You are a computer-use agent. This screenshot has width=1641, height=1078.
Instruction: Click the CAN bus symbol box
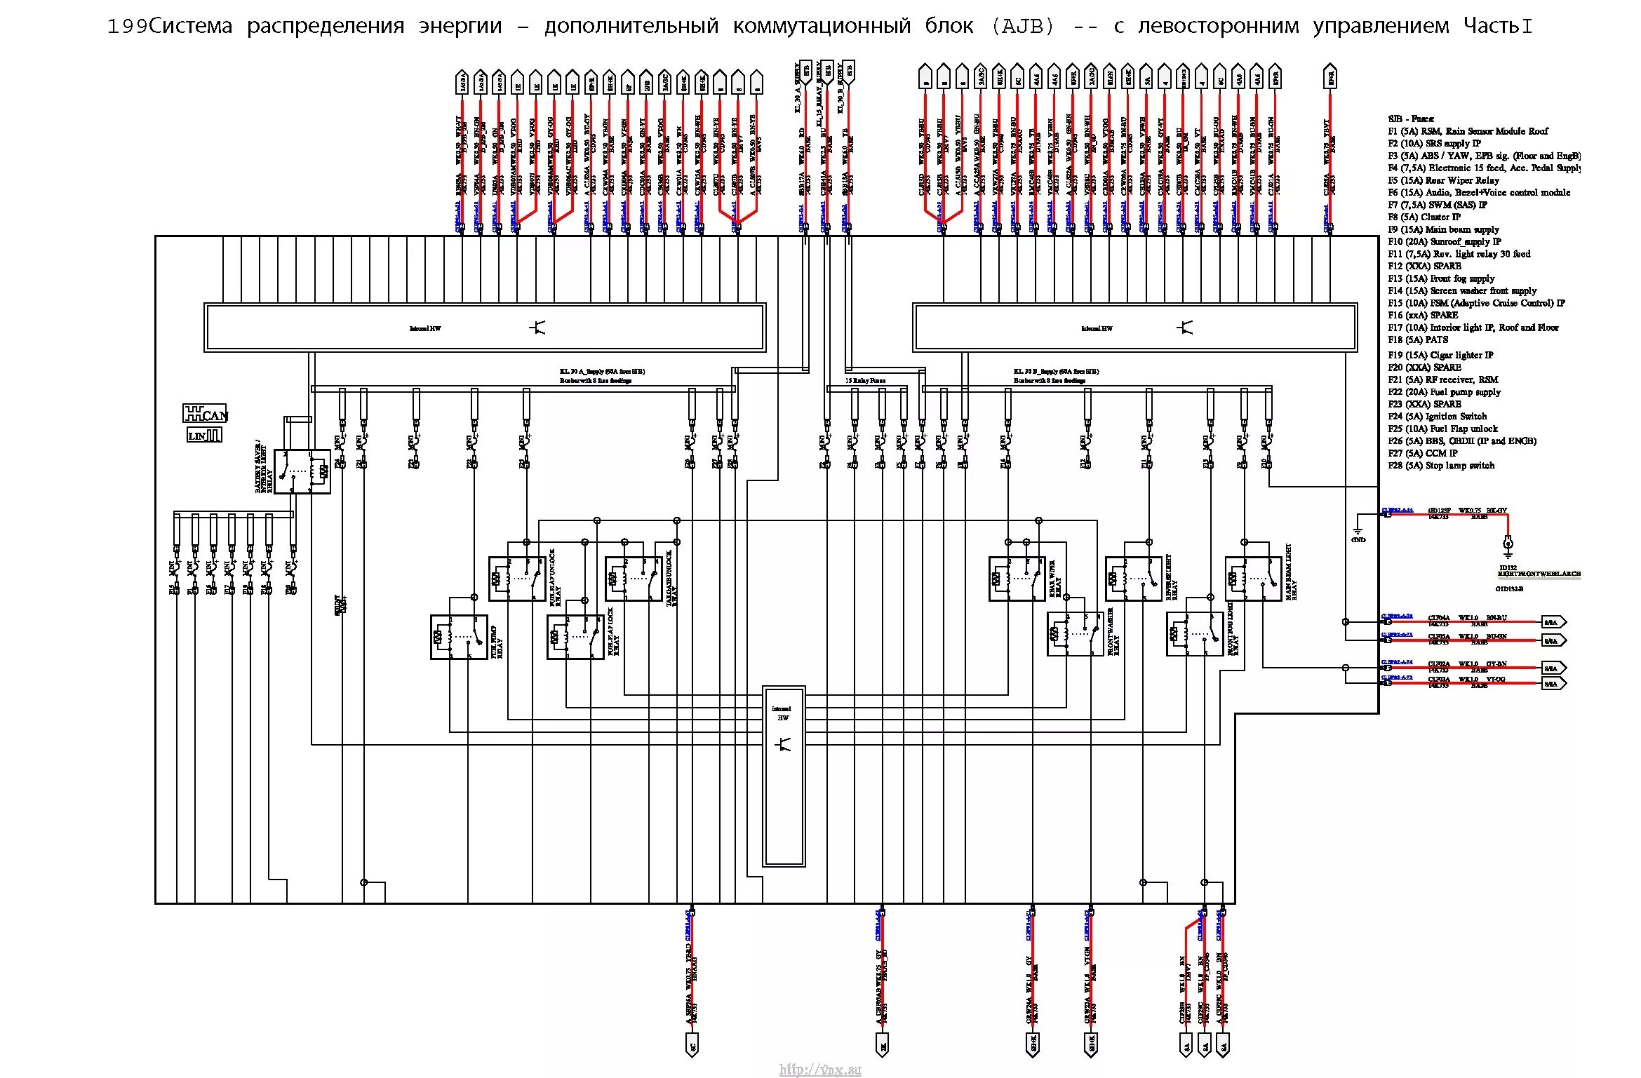click(x=206, y=413)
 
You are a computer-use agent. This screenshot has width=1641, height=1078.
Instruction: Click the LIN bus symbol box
click(x=204, y=436)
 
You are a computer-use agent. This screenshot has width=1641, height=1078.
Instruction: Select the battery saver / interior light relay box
click(x=302, y=471)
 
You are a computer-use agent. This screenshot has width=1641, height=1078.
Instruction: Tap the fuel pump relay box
click(x=459, y=637)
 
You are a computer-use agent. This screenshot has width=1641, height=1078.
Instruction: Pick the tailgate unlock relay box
click(x=634, y=579)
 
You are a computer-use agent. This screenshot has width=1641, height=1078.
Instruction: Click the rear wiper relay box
click(x=1017, y=579)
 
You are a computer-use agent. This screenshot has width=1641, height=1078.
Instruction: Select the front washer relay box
click(x=1076, y=634)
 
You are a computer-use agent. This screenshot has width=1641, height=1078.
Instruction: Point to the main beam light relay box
click(x=1253, y=579)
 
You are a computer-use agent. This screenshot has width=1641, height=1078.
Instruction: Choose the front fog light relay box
click(x=1195, y=634)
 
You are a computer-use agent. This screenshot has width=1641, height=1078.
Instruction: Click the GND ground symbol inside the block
click(x=1358, y=532)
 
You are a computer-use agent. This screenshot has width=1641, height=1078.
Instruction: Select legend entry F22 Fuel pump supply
click(x=1444, y=392)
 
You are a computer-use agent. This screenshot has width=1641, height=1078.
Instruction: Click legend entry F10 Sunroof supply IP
click(x=1444, y=241)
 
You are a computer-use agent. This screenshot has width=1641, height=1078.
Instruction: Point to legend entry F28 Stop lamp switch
click(x=1441, y=466)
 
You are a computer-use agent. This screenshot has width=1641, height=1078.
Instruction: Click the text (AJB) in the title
click(x=1023, y=26)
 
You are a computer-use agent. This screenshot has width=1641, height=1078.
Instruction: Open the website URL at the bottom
click(x=819, y=1069)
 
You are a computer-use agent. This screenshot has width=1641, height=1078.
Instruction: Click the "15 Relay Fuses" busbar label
click(x=865, y=380)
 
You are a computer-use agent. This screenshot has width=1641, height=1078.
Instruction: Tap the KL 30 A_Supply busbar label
click(x=602, y=372)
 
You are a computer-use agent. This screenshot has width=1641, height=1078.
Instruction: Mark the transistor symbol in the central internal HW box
click(x=784, y=744)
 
